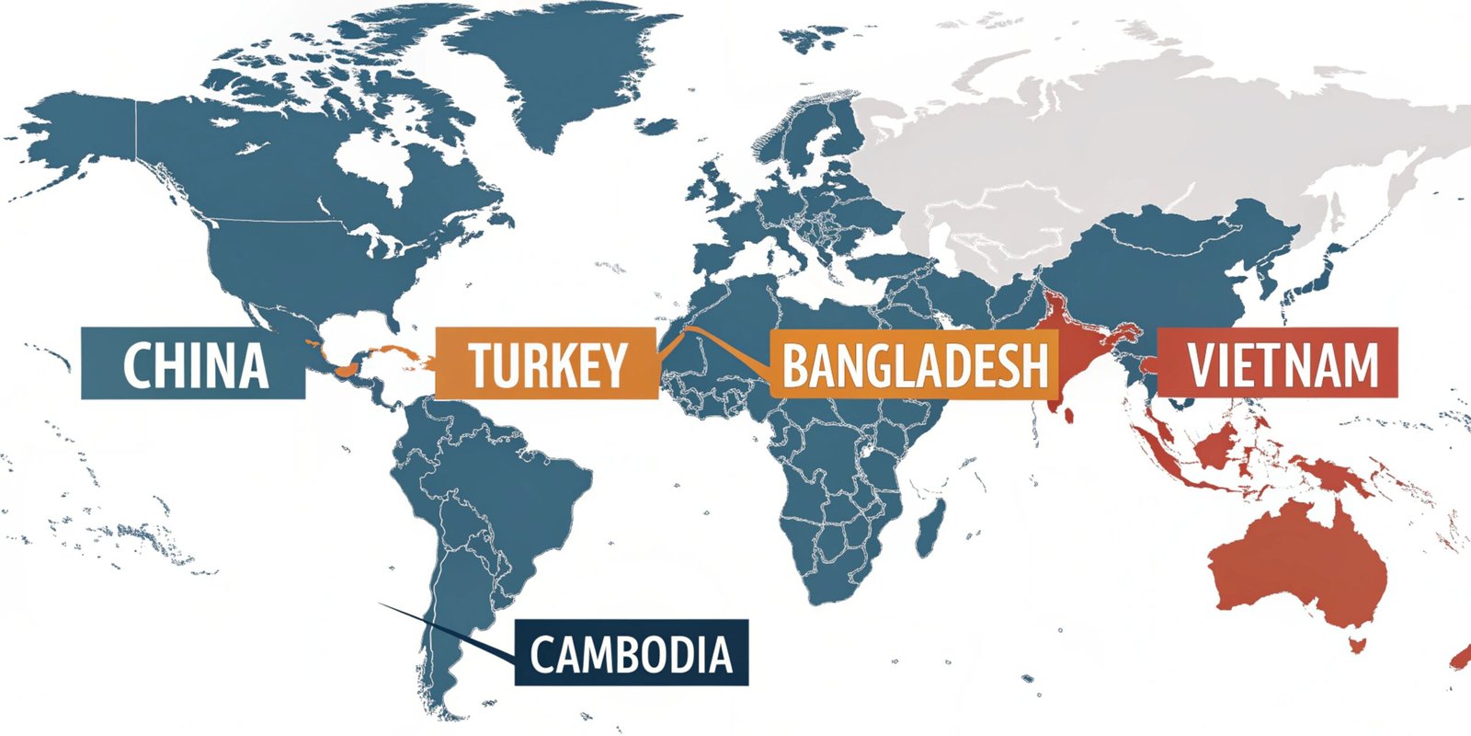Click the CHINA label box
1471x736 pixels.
point(193,363)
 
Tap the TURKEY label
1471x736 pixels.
point(547,363)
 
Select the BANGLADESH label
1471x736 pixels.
point(914,363)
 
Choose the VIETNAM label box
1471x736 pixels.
point(1277,362)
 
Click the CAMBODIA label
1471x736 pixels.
point(631,653)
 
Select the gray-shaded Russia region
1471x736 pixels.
point(1149,138)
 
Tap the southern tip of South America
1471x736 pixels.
point(446,708)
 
